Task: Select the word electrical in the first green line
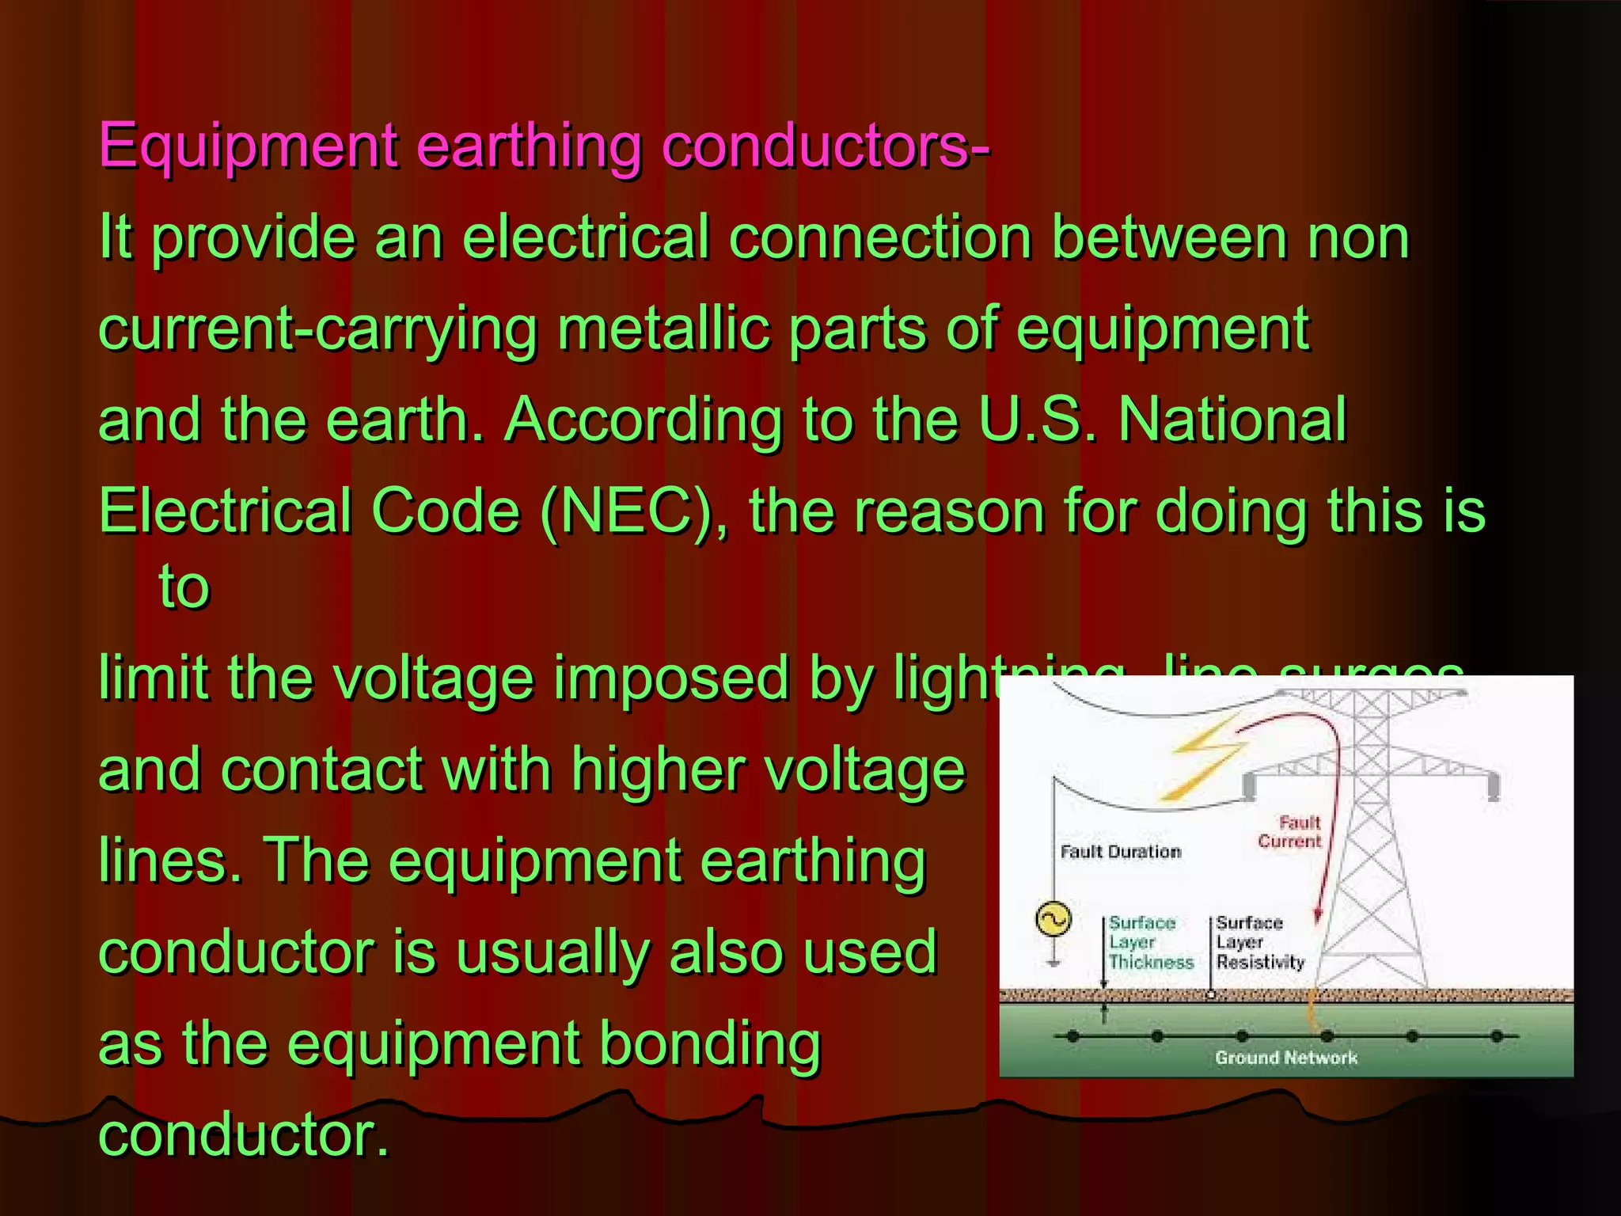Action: click(586, 237)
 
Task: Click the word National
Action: click(1232, 420)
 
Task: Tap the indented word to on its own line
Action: click(184, 587)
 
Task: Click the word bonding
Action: click(709, 1044)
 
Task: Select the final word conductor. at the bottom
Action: click(244, 1135)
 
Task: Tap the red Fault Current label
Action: click(1289, 832)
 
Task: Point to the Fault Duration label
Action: click(1120, 852)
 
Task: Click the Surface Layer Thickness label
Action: click(1149, 942)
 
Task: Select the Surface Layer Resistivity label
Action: click(1259, 942)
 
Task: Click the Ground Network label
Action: click(1285, 1058)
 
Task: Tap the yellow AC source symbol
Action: click(1053, 920)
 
